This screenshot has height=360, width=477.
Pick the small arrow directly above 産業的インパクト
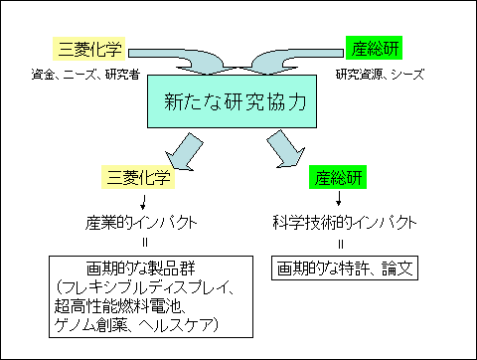[x=139, y=201]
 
